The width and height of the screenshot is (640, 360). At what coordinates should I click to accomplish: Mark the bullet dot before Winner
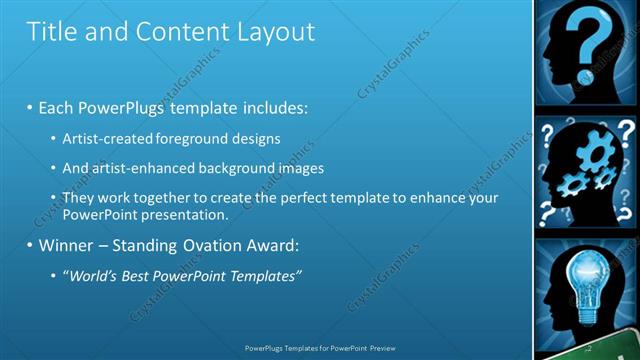point(31,245)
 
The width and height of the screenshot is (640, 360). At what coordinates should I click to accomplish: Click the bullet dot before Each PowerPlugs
point(31,106)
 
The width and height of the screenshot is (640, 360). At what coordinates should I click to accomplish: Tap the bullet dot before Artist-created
point(53,137)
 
